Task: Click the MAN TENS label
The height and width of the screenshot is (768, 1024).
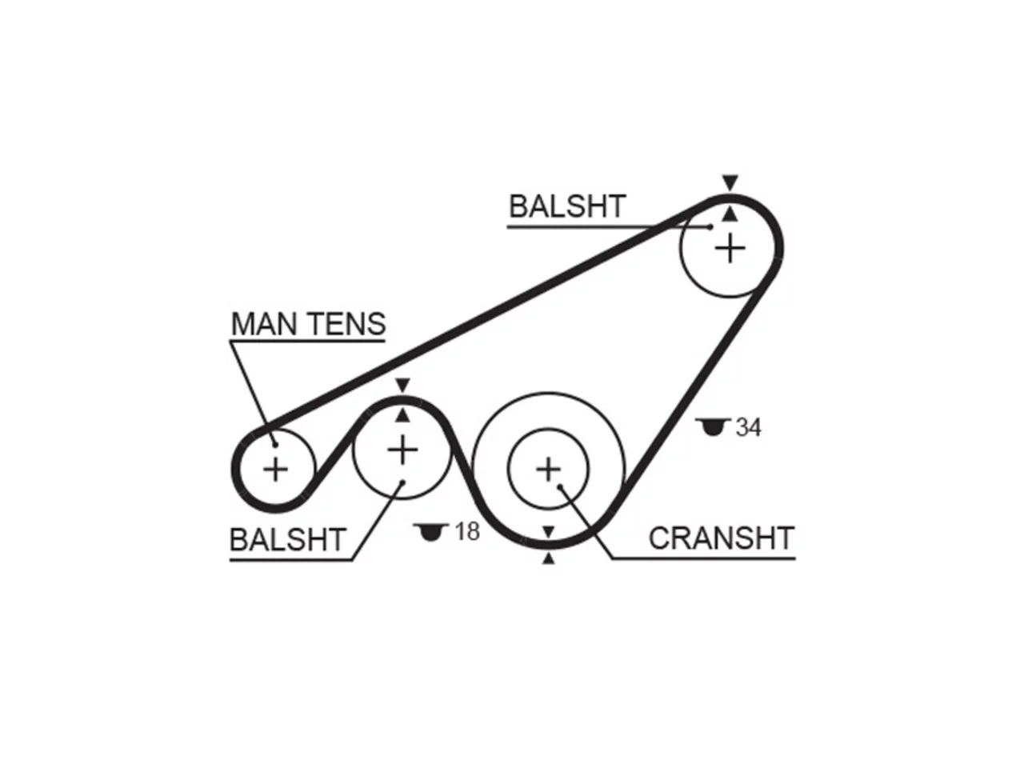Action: pyautogui.click(x=308, y=324)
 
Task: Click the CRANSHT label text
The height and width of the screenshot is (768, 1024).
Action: pyautogui.click(x=722, y=538)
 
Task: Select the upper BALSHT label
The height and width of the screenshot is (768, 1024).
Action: pyautogui.click(x=567, y=206)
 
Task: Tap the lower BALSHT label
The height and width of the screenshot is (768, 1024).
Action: pyautogui.click(x=288, y=540)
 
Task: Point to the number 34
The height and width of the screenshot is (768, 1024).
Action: pyautogui.click(x=748, y=427)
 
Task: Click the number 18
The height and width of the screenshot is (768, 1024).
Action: pyautogui.click(x=467, y=531)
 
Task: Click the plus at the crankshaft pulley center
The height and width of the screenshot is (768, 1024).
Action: pyautogui.click(x=549, y=470)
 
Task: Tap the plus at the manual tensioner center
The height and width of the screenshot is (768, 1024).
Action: pyautogui.click(x=276, y=469)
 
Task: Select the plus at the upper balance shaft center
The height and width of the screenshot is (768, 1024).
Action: pyautogui.click(x=730, y=249)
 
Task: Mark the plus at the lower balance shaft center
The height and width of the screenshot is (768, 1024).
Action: pyautogui.click(x=402, y=450)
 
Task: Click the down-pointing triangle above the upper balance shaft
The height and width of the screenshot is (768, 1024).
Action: pyautogui.click(x=730, y=182)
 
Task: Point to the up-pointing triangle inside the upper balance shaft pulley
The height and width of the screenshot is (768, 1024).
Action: pyautogui.click(x=730, y=214)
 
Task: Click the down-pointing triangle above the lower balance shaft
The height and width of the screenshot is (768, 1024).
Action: pyautogui.click(x=402, y=385)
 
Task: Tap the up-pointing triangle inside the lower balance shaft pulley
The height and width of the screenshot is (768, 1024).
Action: pyautogui.click(x=402, y=416)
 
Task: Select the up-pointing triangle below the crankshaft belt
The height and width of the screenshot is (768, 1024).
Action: pyautogui.click(x=549, y=558)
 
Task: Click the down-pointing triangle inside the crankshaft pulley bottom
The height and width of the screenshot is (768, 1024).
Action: pyautogui.click(x=549, y=531)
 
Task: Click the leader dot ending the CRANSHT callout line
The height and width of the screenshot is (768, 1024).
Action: pyautogui.click(x=560, y=486)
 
